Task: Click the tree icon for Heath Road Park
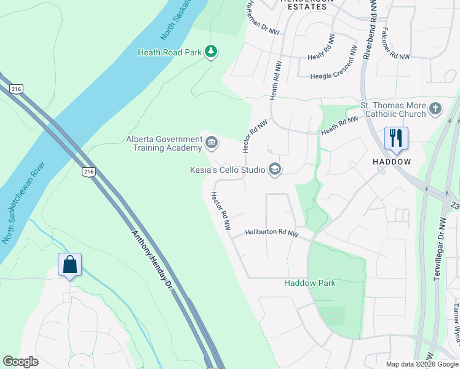click(211, 52)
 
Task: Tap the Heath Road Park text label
click(170, 52)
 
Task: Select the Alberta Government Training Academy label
click(164, 143)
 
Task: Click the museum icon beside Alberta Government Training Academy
click(212, 143)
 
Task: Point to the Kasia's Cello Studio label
click(227, 170)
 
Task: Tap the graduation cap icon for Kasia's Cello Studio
click(274, 170)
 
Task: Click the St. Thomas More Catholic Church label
click(393, 109)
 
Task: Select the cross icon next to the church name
click(435, 109)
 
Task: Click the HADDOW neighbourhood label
click(392, 161)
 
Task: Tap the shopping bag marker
click(69, 264)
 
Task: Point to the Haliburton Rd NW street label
click(272, 233)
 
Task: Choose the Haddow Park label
click(310, 283)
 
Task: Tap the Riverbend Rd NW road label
click(369, 31)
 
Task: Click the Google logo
click(21, 362)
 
